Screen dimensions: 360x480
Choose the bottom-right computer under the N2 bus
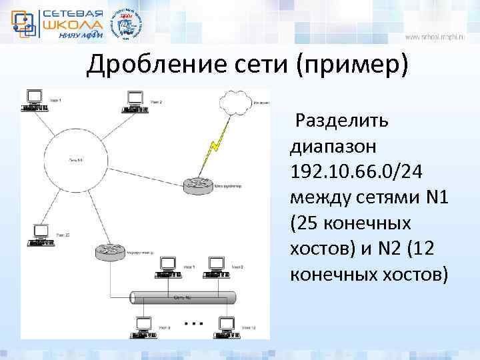tap(227, 327)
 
